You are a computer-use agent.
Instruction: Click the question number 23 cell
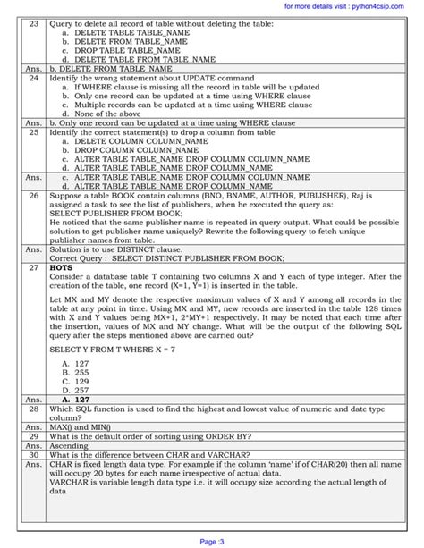[x=34, y=22]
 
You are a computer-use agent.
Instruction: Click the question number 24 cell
[x=34, y=79]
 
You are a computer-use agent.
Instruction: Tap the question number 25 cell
[x=34, y=131]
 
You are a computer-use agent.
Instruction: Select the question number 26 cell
[x=34, y=194]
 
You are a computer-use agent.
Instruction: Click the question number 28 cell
[x=34, y=407]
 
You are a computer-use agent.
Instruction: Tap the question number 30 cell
[x=34, y=455]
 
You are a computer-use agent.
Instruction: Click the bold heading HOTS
[x=62, y=266]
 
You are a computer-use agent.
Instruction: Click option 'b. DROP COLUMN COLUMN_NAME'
[x=130, y=149]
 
